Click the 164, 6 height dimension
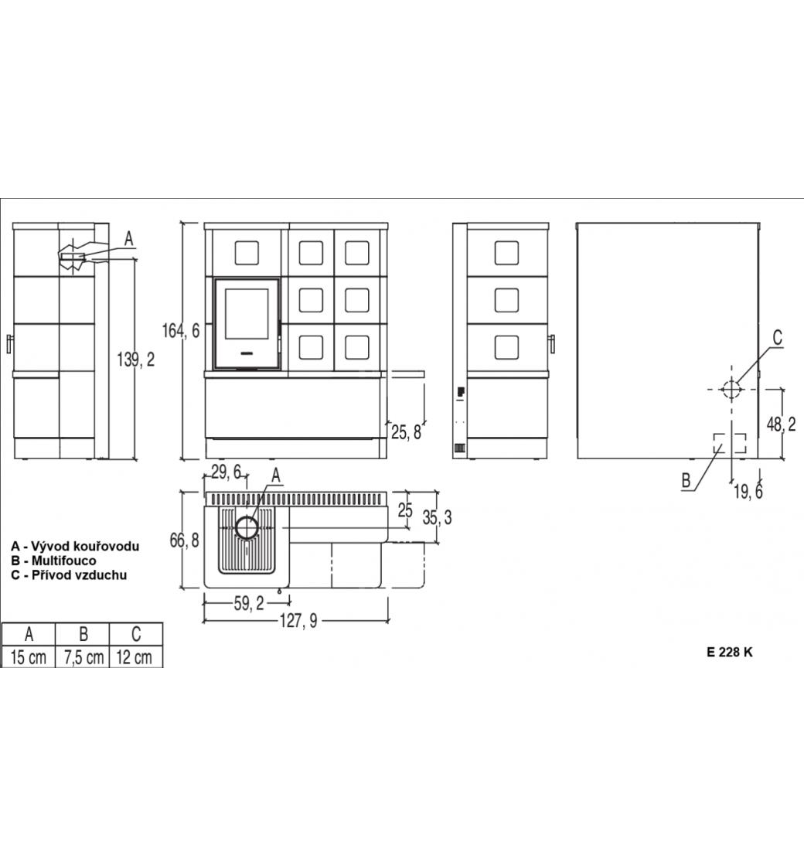pos(181,332)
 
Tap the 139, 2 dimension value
pos(136,360)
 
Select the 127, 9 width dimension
pos(298,622)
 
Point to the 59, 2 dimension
pos(249,604)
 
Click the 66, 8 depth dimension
pos(185,540)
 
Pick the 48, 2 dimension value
pos(782,424)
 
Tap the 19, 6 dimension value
pos(748,491)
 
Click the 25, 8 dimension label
pos(407,432)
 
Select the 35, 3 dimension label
pos(438,517)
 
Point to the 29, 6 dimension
pos(227,472)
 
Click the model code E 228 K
pos(730,653)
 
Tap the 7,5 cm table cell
pos(84,657)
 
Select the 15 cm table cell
pos(29,657)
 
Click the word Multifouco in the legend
pos(63,561)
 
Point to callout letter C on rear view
pos(777,337)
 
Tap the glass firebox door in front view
pos(247,324)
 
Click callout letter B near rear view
pos(686,480)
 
